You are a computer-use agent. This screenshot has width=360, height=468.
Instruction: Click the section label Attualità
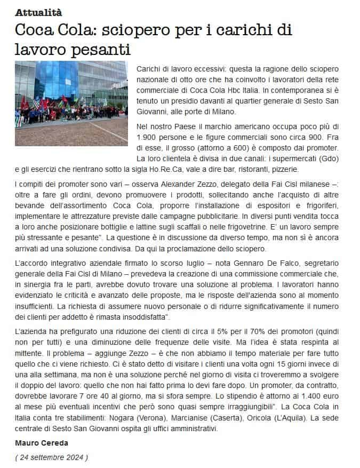[x=38, y=11]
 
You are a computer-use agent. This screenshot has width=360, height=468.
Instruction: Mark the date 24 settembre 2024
[x=51, y=457]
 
